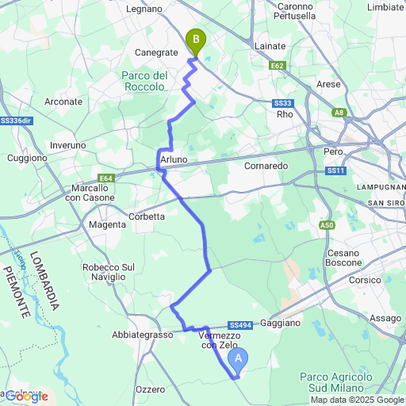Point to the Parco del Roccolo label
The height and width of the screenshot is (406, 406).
(144, 81)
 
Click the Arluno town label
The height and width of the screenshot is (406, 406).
(174, 159)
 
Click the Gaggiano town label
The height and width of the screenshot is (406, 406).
(280, 324)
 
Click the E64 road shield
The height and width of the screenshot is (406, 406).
(107, 178)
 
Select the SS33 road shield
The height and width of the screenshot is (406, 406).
(283, 103)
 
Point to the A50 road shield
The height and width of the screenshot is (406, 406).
(327, 225)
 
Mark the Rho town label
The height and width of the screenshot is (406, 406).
(285, 114)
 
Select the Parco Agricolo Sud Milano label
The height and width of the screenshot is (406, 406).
(331, 381)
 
